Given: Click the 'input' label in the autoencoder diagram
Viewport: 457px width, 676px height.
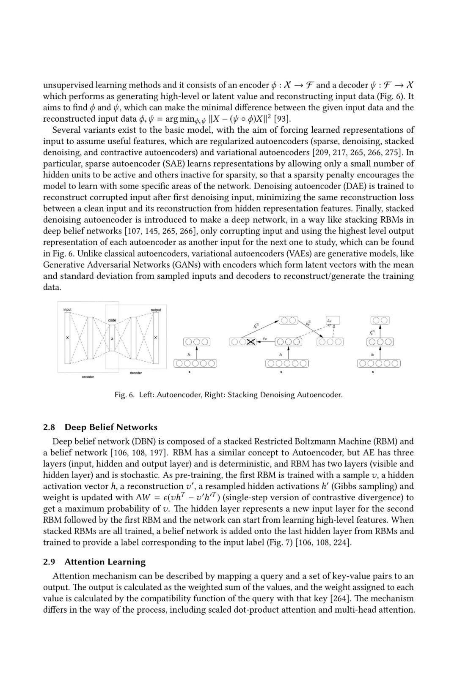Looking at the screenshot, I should click(x=67, y=310).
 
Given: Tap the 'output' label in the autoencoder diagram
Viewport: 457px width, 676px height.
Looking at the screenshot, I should click(x=156, y=310).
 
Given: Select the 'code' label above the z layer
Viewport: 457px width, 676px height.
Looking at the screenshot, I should click(x=112, y=320).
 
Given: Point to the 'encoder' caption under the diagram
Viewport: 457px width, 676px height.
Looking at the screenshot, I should click(x=88, y=377).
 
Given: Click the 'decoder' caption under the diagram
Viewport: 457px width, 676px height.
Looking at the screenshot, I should click(x=136, y=373).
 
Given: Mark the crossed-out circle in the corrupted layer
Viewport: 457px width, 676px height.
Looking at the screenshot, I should click(x=250, y=342).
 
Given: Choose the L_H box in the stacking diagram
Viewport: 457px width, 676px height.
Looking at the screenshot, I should click(x=333, y=321).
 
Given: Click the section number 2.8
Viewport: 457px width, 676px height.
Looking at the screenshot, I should click(x=49, y=427).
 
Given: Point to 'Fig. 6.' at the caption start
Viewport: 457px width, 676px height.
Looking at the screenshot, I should click(x=124, y=395).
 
